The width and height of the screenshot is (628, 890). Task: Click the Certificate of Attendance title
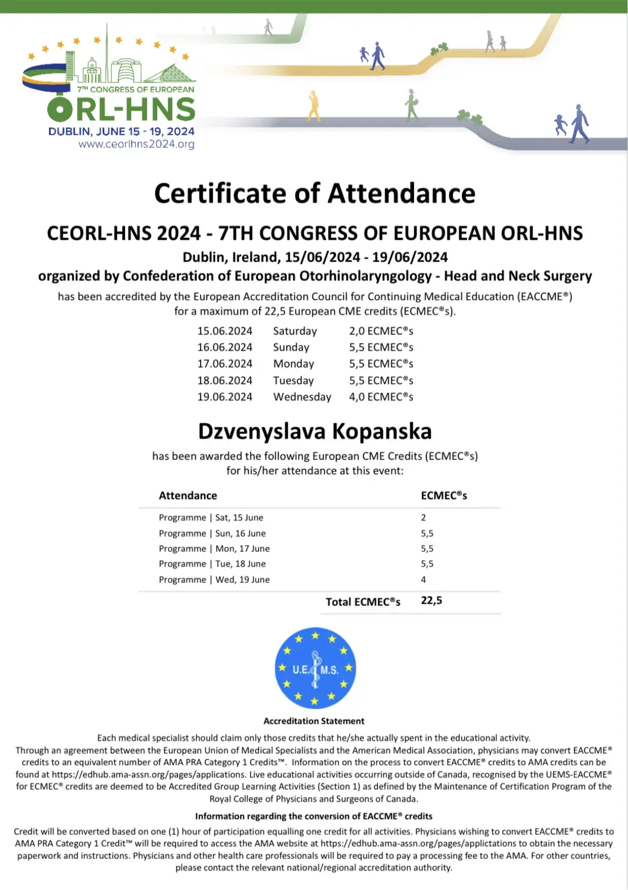[x=315, y=194]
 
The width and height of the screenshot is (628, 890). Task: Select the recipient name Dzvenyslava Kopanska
[x=315, y=432]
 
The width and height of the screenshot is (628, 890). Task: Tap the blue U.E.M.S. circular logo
[x=315, y=667]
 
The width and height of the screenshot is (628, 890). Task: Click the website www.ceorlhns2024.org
[x=136, y=144]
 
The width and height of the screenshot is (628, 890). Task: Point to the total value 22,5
[x=432, y=600]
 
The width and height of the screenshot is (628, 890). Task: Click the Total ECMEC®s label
[x=363, y=602]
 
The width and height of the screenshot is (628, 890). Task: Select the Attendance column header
[x=188, y=496]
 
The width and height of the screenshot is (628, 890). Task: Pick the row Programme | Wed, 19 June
[x=214, y=580]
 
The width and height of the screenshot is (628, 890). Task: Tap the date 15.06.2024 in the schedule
[x=225, y=331]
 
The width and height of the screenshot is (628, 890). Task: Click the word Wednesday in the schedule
[x=302, y=397]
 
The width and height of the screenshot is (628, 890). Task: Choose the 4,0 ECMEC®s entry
[x=381, y=397]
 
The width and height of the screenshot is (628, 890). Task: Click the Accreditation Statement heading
[x=314, y=721]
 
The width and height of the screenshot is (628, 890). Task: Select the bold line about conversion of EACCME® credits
[x=313, y=816]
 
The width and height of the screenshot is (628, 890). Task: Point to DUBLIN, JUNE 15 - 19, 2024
[x=121, y=131]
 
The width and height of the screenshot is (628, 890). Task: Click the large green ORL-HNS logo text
[x=121, y=109]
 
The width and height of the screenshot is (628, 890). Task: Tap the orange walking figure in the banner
[x=314, y=106]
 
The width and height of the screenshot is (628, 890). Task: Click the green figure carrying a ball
[x=411, y=105]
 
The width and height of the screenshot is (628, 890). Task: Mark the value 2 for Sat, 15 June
[x=423, y=517]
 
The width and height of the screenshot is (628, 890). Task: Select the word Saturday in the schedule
[x=295, y=331]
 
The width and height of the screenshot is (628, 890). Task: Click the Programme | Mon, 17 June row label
[x=214, y=548]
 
